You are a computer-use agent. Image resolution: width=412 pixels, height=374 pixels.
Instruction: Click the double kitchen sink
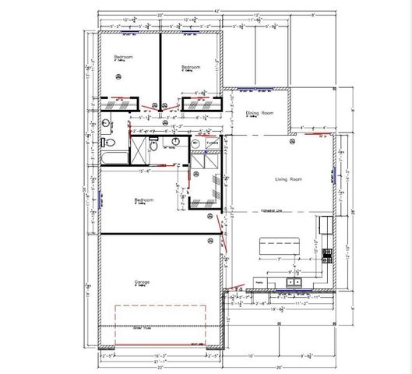[294, 281]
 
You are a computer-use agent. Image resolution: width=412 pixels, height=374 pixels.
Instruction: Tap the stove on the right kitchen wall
[323, 225]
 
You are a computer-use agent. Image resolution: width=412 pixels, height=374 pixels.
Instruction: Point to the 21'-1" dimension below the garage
[161, 361]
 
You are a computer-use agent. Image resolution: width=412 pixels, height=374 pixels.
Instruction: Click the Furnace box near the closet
[211, 143]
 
